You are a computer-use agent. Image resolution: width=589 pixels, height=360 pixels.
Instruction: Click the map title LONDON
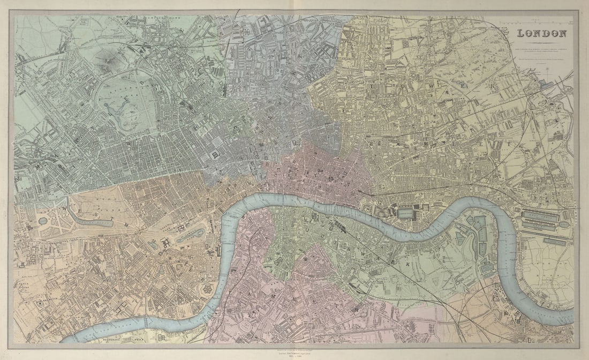(x=541, y=34)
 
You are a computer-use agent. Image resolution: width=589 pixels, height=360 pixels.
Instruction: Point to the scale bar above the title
(x=541, y=22)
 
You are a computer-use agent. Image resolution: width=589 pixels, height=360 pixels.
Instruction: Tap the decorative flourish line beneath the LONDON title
(x=541, y=42)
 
